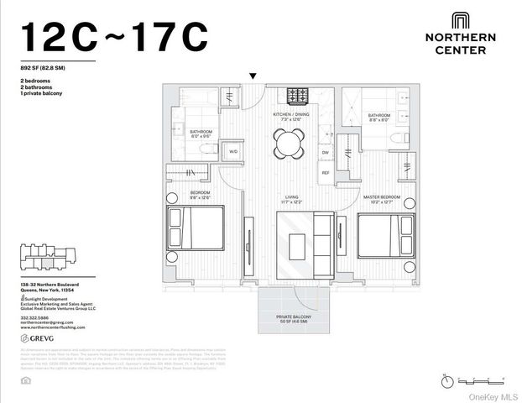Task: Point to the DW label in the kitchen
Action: click(x=325, y=152)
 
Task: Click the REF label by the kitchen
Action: click(x=325, y=172)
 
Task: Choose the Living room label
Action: click(x=291, y=200)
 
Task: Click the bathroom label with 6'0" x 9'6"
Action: click(x=201, y=133)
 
